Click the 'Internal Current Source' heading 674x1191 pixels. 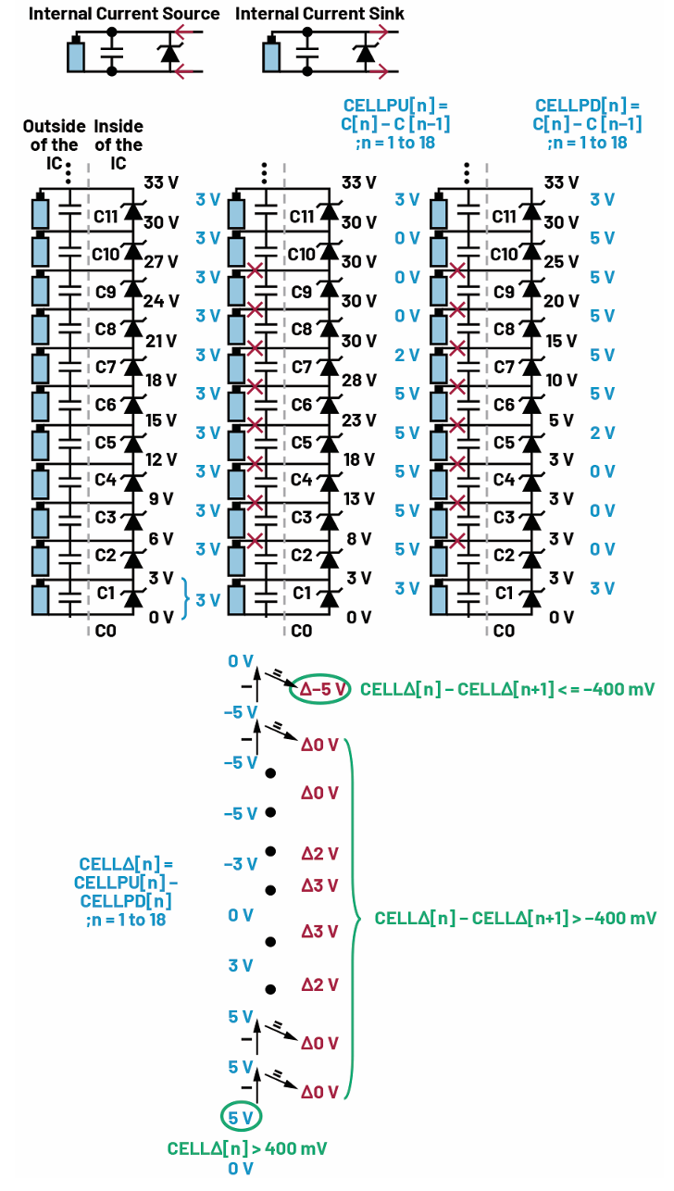click(x=124, y=14)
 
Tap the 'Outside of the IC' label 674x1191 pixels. click(x=51, y=144)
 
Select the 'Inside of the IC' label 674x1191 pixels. click(x=119, y=144)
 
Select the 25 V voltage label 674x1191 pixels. click(x=562, y=262)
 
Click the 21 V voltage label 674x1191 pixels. click(x=160, y=341)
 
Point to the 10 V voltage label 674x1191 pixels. click(x=562, y=381)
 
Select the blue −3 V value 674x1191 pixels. click(x=240, y=864)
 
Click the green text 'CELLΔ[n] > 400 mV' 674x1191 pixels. click(x=247, y=1148)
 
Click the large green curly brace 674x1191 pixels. click(x=354, y=918)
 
